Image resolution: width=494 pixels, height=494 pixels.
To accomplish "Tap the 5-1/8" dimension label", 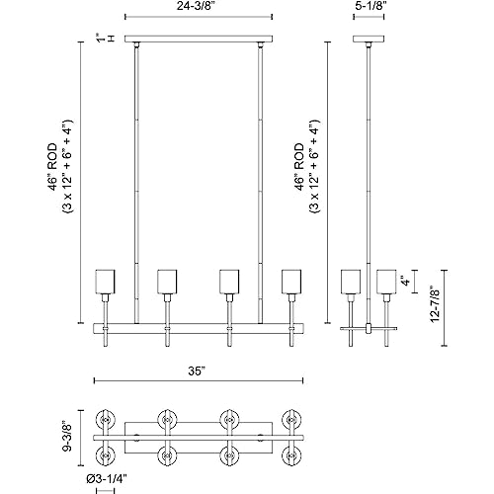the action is point(369,6).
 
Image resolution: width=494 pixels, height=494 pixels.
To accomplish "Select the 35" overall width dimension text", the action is point(197,371).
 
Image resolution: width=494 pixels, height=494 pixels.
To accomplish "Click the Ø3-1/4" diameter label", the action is point(107,479).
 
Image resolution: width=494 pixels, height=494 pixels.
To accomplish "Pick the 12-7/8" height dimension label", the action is point(436,304).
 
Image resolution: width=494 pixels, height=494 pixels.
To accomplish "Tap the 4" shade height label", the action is point(407,282).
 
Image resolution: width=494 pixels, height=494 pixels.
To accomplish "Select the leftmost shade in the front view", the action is point(105,282).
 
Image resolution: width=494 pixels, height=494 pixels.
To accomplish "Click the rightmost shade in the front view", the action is point(291,282).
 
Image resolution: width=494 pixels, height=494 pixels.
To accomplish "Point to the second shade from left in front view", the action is point(167,282).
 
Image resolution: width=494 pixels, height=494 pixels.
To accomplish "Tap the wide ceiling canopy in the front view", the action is point(199,39).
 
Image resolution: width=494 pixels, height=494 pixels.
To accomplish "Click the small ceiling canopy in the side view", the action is point(369,39).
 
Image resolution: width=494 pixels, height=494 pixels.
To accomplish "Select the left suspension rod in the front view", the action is point(136,184).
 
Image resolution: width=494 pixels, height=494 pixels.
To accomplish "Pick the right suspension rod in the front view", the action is point(261,184).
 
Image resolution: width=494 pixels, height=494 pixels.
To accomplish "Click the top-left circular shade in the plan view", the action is point(106,420).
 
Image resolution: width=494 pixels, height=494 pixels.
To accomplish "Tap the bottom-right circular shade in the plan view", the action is point(291,456).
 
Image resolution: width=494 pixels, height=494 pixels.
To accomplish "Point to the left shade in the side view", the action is point(351,282).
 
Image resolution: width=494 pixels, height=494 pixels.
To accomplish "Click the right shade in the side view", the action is point(386,282).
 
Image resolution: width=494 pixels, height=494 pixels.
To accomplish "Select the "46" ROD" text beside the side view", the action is point(299,167).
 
